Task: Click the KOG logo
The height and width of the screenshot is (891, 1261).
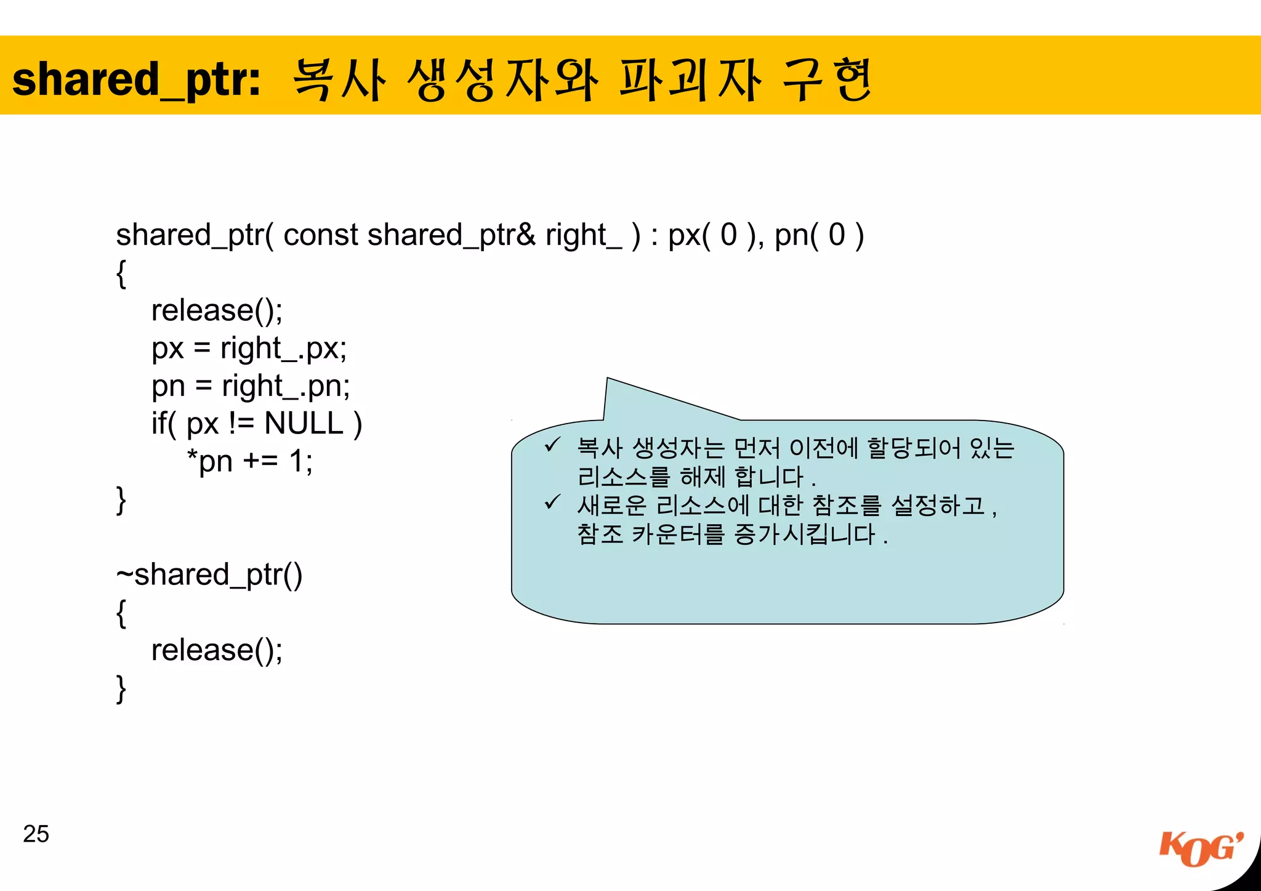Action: pyautogui.click(x=1200, y=849)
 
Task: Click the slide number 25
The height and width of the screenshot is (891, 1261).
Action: pyautogui.click(x=36, y=834)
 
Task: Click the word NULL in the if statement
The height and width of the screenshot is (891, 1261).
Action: pyautogui.click(x=304, y=424)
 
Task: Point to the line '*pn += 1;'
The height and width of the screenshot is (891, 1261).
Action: pyautogui.click(x=249, y=461)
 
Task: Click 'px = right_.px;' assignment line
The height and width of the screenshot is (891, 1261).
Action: pyautogui.click(x=249, y=349)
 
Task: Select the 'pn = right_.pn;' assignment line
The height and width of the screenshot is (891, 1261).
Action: pyautogui.click(x=251, y=387)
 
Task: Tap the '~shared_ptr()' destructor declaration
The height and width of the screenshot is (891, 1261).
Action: pyautogui.click(x=209, y=575)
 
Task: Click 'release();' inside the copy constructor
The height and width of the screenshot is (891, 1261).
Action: pyautogui.click(x=217, y=310)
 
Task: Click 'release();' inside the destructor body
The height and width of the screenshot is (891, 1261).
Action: pyautogui.click(x=217, y=650)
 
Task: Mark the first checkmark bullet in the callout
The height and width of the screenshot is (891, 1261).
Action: pyautogui.click(x=552, y=445)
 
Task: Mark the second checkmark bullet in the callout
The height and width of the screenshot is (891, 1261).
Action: pyautogui.click(x=552, y=502)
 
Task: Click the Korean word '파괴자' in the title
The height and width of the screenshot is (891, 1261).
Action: pyautogui.click(x=690, y=80)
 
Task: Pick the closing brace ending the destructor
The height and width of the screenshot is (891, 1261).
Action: pyautogui.click(x=121, y=688)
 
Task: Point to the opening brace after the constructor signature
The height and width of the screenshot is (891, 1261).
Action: pyautogui.click(x=121, y=273)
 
